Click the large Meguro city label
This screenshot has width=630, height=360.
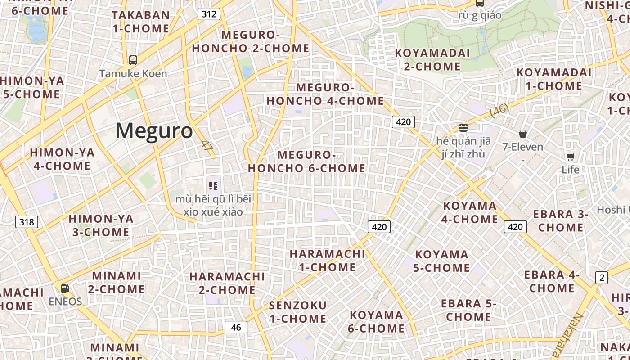[154, 131]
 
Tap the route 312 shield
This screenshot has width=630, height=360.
[209, 14]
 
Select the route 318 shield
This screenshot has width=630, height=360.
[27, 222]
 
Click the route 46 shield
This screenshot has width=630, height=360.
[236, 327]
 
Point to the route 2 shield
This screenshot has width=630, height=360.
[602, 278]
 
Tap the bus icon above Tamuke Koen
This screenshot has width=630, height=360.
[133, 60]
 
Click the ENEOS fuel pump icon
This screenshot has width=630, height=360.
[65, 288]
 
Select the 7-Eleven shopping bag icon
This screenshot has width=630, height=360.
[523, 134]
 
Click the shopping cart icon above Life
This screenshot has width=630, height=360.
[570, 157]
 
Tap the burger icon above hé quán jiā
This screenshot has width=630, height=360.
[463, 128]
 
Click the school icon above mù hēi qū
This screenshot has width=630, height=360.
[214, 185]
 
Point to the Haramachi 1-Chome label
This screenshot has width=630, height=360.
[327, 260]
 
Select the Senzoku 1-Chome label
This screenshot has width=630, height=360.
[297, 312]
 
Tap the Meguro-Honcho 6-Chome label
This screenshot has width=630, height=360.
[307, 162]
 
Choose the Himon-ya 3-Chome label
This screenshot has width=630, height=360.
[101, 225]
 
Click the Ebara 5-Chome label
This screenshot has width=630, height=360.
[468, 310]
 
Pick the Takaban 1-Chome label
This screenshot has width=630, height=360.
[141, 22]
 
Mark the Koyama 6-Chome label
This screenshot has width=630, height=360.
[376, 321]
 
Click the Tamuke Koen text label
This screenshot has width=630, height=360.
[133, 73]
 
